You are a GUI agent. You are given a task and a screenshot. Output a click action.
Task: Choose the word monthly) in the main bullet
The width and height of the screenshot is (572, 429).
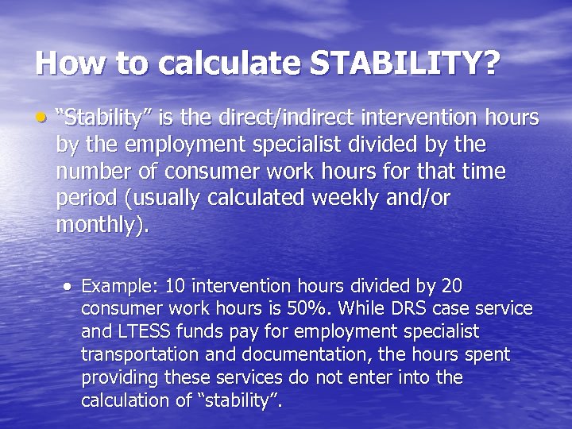click(x=102, y=226)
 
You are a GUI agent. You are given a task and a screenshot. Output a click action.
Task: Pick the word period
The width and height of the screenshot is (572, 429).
click(x=81, y=199)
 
